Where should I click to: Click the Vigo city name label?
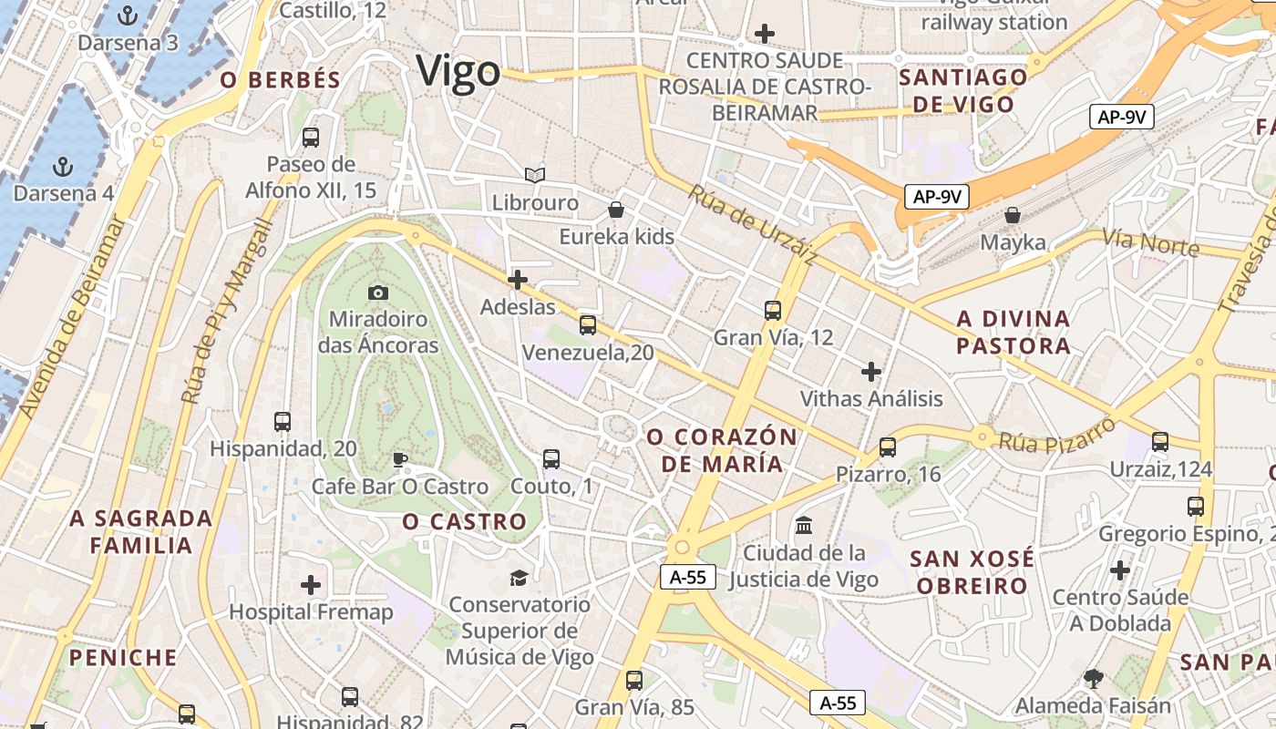pos(458,71)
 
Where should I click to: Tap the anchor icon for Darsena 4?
pos(63,167)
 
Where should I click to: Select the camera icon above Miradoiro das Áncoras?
pos(378,293)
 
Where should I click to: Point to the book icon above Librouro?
pos(535,175)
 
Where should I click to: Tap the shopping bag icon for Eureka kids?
pos(616,210)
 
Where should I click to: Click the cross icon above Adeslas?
pos(518,279)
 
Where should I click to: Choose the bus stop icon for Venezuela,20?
pos(588,324)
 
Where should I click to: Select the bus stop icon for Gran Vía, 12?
pos(773,310)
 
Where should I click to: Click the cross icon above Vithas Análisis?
pos(871,371)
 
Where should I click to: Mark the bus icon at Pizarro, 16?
pos(888,447)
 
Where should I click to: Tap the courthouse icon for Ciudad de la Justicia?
pos(804,525)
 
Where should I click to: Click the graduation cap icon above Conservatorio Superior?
pos(519,577)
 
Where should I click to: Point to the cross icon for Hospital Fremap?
pos(311,584)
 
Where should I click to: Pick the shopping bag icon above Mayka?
pos(1013,215)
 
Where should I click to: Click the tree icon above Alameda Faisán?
pos(1093,678)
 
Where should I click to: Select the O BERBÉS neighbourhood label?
pos(281,80)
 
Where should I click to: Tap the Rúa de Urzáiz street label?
pos(751,224)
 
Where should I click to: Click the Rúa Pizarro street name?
pos(1057,435)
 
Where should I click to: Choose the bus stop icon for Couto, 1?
pos(551,458)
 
